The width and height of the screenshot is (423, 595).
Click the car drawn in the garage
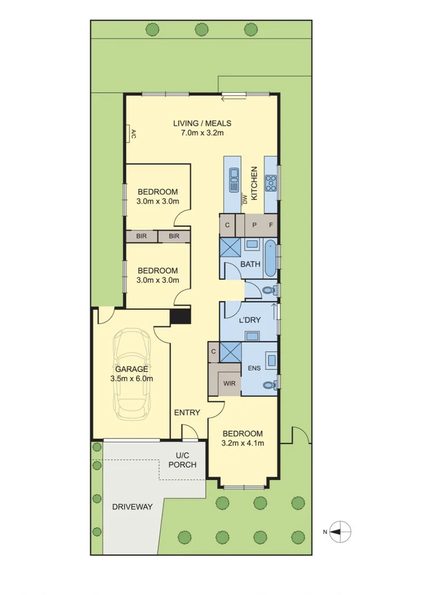pyautogui.click(x=132, y=374)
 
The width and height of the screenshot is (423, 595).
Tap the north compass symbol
pyautogui.click(x=340, y=532)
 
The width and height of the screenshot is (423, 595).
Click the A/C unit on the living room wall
pyautogui.click(x=130, y=134)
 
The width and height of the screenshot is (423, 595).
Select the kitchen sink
pyautogui.click(x=234, y=180)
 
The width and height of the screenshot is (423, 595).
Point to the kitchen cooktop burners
pyautogui.click(x=271, y=183)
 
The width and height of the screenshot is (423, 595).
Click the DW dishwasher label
pyautogui.click(x=245, y=199)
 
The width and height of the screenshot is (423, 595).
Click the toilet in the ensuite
pyautogui.click(x=270, y=385)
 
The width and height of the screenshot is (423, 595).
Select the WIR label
pyautogui.click(x=229, y=383)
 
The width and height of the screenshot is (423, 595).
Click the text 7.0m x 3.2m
pyautogui.click(x=202, y=133)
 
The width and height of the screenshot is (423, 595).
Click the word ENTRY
pyautogui.click(x=187, y=412)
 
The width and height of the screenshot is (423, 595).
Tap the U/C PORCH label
pyautogui.click(x=183, y=460)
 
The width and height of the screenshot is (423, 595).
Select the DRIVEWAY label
pyautogui.click(x=133, y=507)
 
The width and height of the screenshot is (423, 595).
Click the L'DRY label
pyautogui.click(x=250, y=320)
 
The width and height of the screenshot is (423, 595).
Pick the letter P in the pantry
pyautogui.click(x=255, y=225)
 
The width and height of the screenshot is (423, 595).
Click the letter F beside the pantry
pyautogui.click(x=271, y=225)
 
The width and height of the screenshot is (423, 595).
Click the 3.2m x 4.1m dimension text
pyautogui.click(x=243, y=443)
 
